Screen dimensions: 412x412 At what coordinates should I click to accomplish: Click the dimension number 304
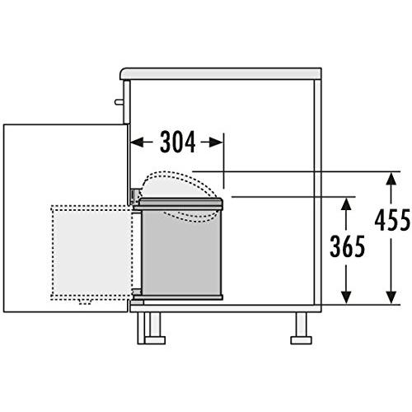[178, 142]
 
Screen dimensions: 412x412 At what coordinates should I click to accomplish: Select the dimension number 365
[348, 246]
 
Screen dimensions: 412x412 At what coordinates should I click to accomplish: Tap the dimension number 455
[392, 220]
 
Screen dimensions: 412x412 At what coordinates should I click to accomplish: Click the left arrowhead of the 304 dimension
[137, 142]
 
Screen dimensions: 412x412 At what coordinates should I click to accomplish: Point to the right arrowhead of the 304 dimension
[216, 142]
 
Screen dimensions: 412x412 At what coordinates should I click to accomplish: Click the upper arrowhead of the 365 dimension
[346, 204]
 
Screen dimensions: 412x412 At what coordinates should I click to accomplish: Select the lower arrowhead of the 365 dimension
[346, 297]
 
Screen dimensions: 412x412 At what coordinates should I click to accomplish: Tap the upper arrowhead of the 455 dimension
[391, 179]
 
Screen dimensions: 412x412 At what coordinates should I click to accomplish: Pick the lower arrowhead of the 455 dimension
[391, 297]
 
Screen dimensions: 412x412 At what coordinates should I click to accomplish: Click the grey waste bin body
[181, 251]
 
